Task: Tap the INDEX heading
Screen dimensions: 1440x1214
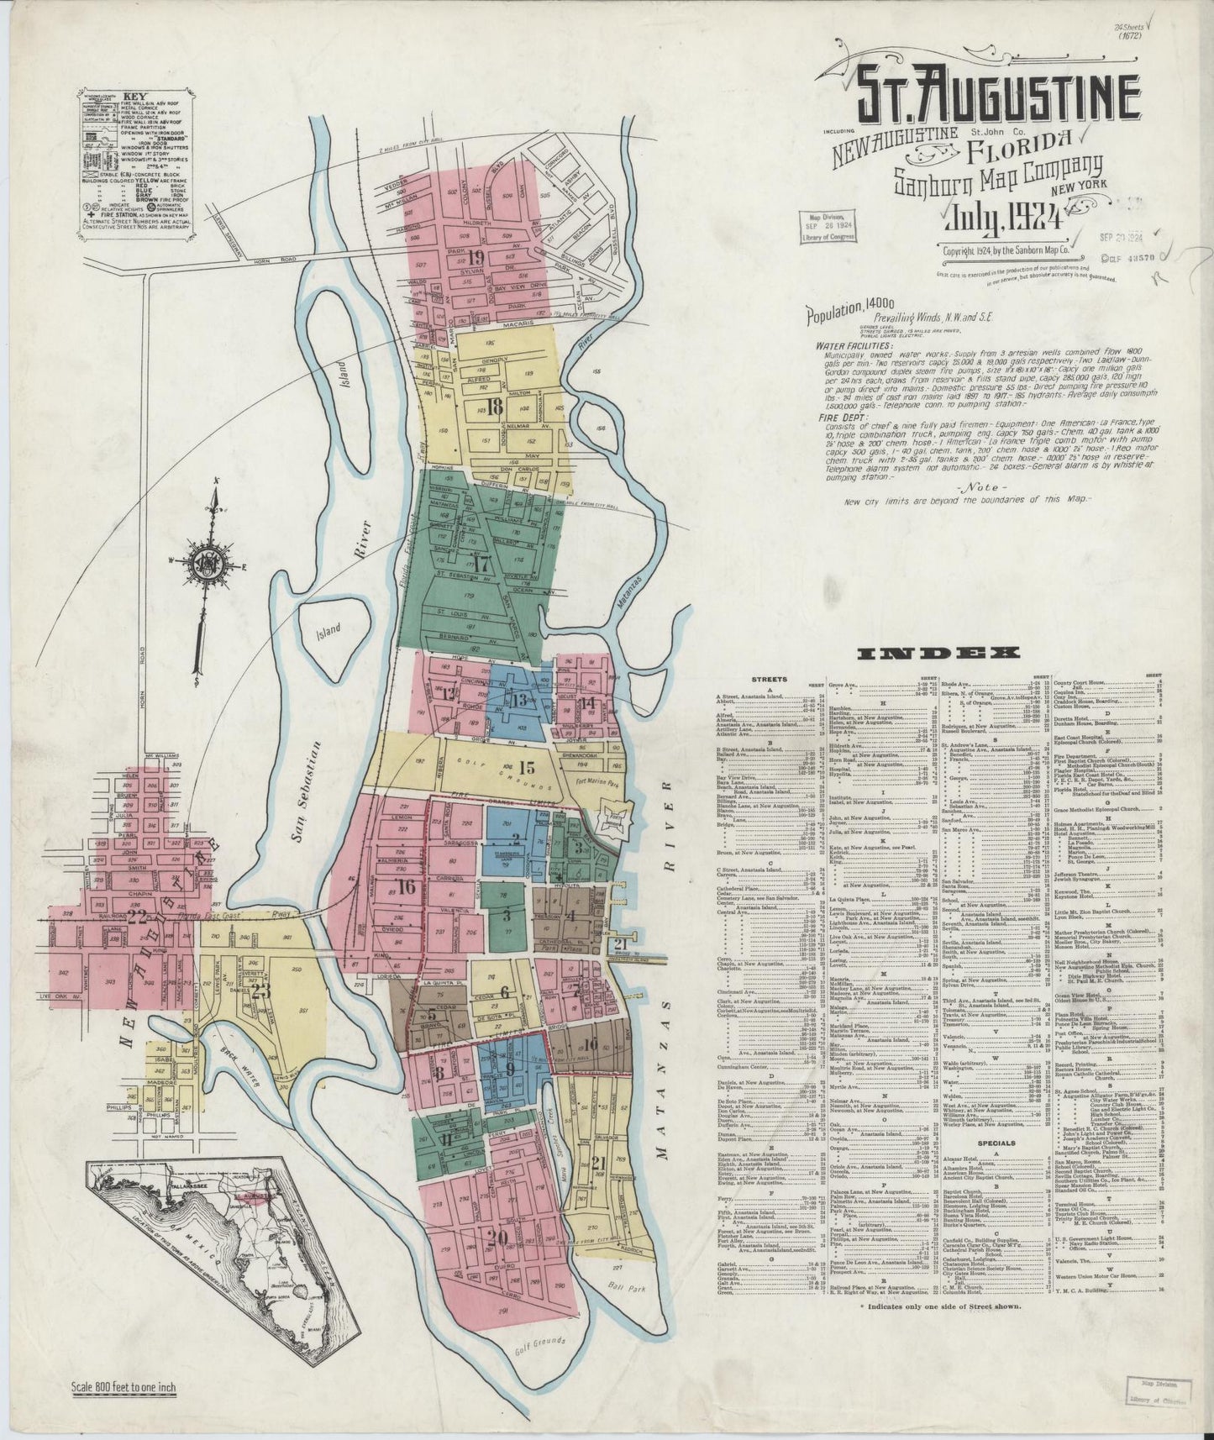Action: point(936,653)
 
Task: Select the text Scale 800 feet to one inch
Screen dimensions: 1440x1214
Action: point(124,1387)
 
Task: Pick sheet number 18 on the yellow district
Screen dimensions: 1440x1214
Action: point(494,408)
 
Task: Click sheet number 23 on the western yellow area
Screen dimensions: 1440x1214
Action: point(260,991)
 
